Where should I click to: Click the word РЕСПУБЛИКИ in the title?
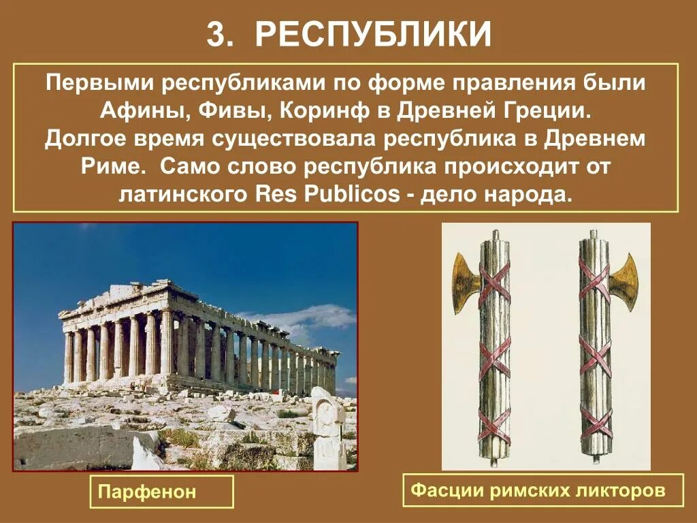(x=373, y=33)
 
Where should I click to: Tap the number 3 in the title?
(x=216, y=35)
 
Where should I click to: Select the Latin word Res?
(x=274, y=195)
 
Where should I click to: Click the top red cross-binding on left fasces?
(x=495, y=281)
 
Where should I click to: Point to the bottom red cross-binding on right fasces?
(x=596, y=422)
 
